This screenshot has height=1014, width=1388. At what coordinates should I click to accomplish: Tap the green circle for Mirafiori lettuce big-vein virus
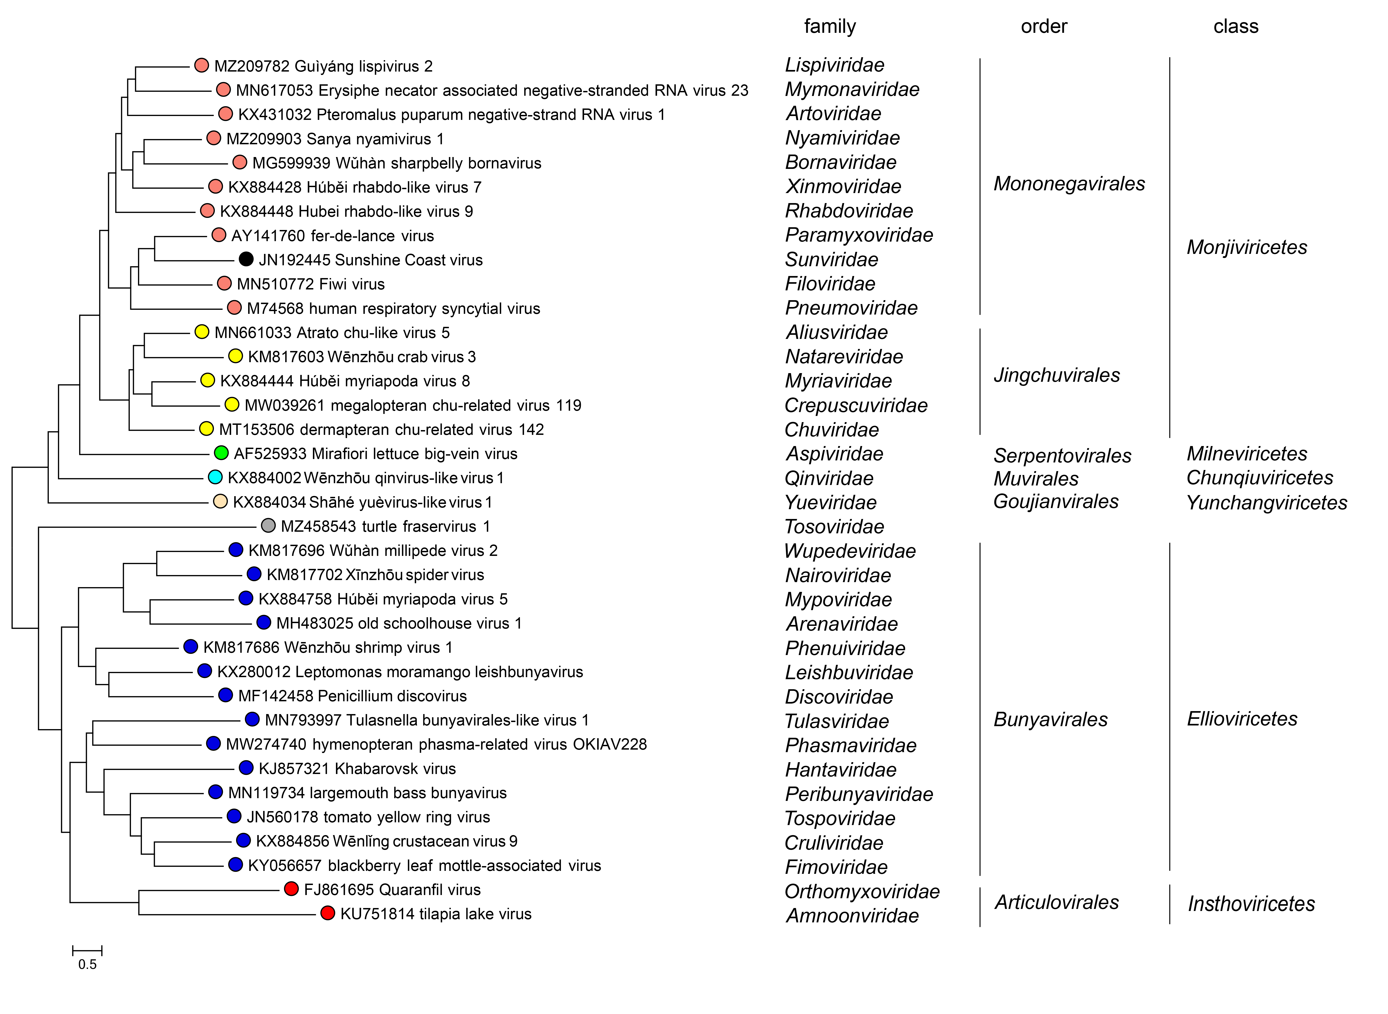point(221,453)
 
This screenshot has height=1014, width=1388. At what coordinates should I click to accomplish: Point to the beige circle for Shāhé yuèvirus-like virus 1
point(220,501)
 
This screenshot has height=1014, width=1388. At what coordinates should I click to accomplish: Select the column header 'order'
point(1043,26)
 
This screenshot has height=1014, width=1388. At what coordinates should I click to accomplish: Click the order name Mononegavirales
point(1069,183)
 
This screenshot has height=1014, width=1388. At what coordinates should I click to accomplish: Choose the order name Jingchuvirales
point(1056,375)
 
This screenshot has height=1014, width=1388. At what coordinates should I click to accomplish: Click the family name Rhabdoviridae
point(849,211)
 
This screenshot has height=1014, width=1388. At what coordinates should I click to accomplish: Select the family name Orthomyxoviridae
point(862,891)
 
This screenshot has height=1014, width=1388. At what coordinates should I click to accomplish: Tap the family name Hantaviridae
point(840,770)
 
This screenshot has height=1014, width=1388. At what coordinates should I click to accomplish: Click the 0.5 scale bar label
point(87,964)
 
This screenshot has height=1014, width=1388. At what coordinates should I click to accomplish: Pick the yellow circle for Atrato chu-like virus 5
point(201,332)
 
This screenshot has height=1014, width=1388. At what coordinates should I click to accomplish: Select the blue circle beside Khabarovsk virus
point(246,768)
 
